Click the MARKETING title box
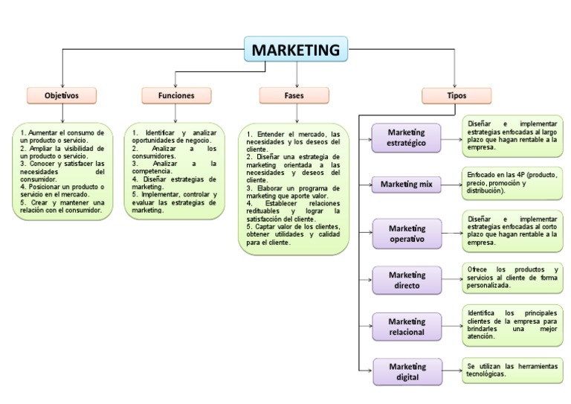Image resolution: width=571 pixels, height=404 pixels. point(296,50)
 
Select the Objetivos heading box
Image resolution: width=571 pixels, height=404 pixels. point(62,95)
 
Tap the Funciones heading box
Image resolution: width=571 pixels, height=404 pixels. point(176,95)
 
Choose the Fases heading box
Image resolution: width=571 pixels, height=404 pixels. point(294,95)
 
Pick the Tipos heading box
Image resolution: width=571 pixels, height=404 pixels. point(457,95)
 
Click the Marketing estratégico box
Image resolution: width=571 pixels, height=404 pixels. point(407,138)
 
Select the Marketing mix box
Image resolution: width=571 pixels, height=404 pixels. point(407,184)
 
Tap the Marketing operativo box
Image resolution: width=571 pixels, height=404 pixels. point(407,234)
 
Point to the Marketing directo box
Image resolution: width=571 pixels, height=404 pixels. point(407,280)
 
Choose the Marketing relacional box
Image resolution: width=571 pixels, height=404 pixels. point(407,326)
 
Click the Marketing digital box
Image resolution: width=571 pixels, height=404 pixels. point(407,371)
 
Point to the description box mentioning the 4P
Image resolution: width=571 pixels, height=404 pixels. point(512,182)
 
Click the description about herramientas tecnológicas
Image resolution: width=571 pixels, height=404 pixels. point(512,370)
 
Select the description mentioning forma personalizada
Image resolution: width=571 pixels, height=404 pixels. point(512,277)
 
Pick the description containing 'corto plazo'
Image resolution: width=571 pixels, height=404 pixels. point(512,231)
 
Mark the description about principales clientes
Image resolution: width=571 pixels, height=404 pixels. point(512,324)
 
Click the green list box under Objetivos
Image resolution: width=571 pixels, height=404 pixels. point(62,171)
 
